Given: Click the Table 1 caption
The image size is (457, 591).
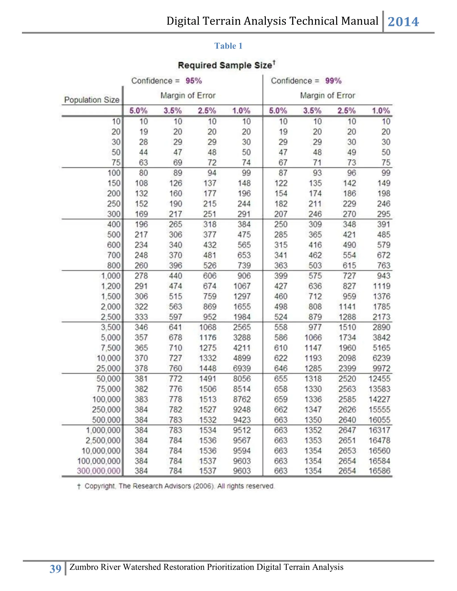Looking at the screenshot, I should point(228,46).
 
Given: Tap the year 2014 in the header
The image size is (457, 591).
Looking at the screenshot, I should point(403,22).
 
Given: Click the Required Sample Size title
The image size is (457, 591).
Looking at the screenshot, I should point(225,66).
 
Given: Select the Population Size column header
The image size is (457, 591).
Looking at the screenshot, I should point(92,100).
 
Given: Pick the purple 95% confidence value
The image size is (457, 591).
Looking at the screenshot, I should point(193,81).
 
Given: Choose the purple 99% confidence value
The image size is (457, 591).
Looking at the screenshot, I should point(333,81).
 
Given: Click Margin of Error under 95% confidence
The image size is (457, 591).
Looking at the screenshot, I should point(188,95).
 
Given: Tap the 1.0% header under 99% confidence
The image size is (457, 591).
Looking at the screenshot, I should point(381,111).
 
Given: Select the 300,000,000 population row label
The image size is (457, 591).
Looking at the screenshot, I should point(99,471).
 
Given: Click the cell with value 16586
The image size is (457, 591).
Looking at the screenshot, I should point(379,471).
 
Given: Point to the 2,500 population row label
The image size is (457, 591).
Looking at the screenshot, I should point(111,317).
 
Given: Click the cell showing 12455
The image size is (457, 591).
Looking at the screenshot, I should point(379,379).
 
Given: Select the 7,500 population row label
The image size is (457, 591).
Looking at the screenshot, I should point(111,348).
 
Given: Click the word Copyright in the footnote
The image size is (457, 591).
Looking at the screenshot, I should point(100,486).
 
